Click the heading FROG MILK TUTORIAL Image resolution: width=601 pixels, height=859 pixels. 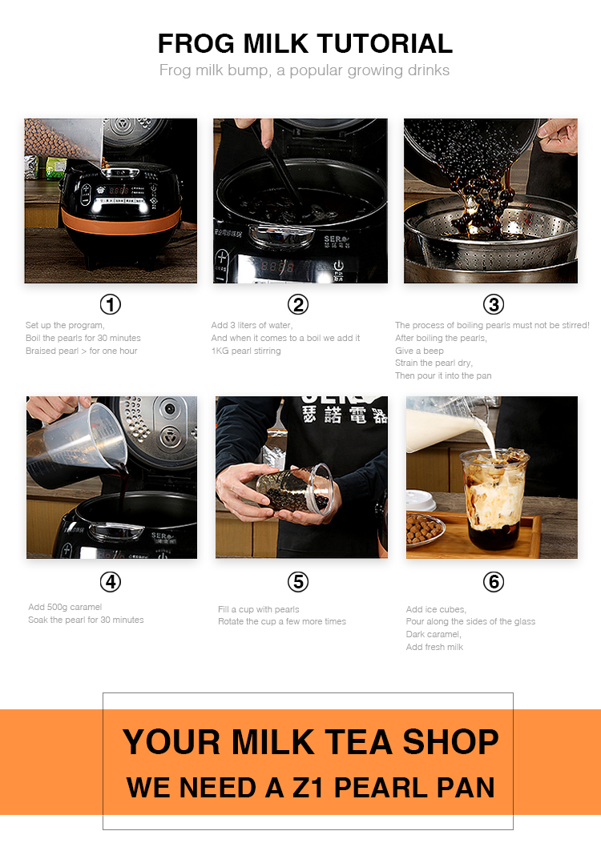click(305, 42)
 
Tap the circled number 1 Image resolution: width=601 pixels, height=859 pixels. click(110, 304)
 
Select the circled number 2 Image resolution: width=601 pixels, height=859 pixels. click(298, 304)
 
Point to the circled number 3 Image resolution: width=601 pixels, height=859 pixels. click(493, 304)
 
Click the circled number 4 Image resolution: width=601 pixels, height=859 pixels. click(110, 582)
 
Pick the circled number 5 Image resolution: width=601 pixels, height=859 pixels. click(298, 582)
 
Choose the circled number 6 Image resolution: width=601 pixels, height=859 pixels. click(493, 582)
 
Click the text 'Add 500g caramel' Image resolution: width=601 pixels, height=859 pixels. click(65, 607)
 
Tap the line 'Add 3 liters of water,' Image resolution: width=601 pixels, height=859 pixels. click(252, 325)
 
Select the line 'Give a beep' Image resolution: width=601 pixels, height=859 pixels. click(419, 351)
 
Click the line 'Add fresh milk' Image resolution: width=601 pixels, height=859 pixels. click(434, 647)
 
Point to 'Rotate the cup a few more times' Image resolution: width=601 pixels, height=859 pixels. click(282, 621)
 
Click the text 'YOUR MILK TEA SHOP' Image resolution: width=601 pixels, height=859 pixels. click(310, 742)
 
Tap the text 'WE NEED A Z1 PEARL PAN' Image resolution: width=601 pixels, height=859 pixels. click(310, 787)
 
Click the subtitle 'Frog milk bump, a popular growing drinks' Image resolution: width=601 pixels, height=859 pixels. click(305, 70)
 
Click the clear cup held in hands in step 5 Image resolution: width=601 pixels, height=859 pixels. click(296, 490)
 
